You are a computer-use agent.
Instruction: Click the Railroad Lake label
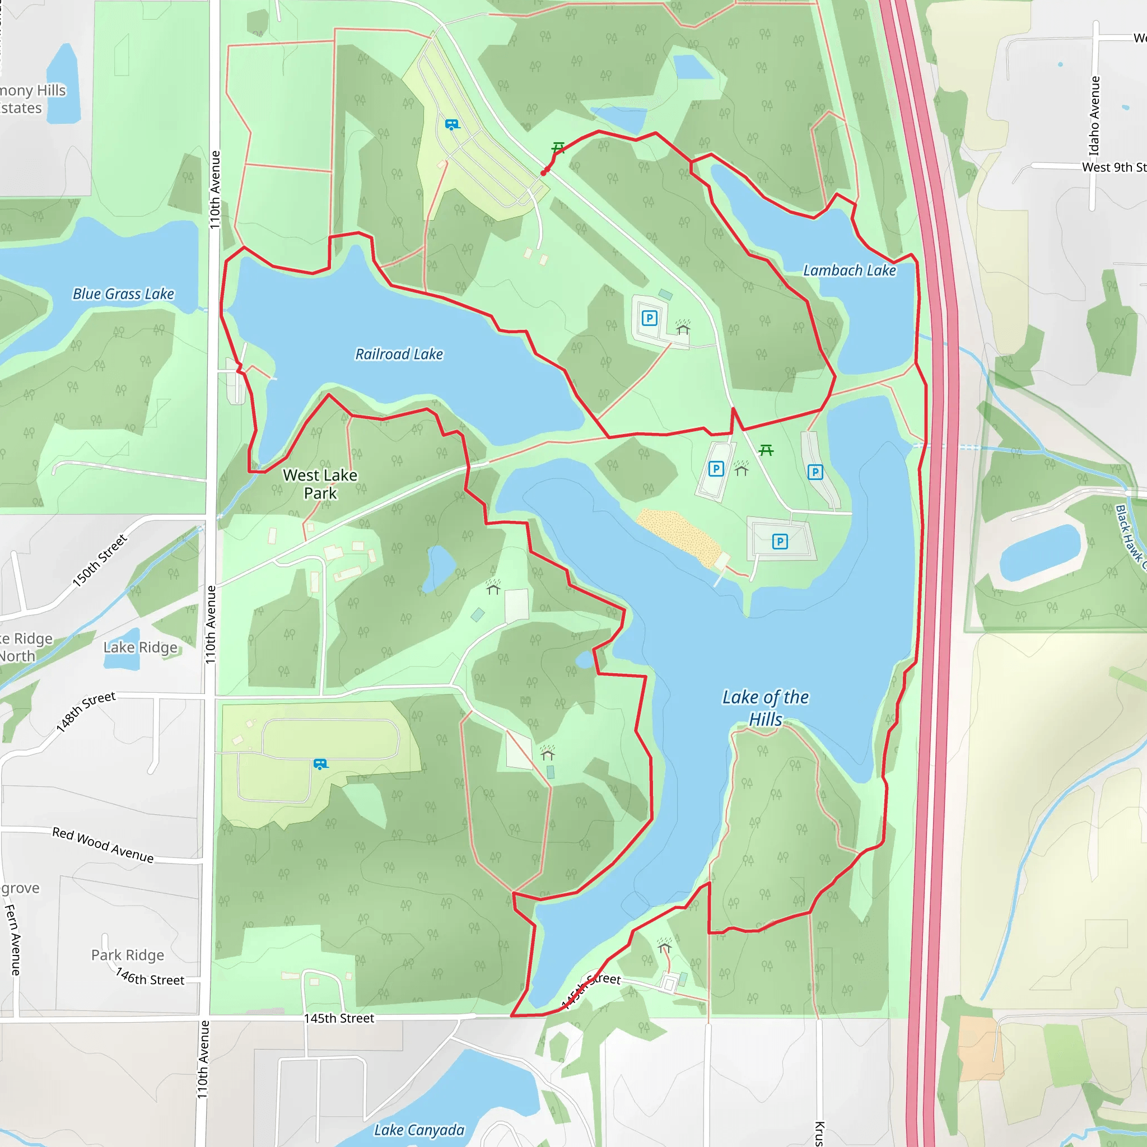[399, 355]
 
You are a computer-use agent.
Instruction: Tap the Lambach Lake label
[849, 271]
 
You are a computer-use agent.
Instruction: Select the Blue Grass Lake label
[123, 294]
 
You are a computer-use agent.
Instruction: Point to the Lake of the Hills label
[765, 708]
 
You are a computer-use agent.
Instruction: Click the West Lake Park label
[320, 484]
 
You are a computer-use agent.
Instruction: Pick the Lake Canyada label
[418, 1130]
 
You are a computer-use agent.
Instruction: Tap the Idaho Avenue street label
[1094, 116]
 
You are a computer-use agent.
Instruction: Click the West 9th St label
[1113, 167]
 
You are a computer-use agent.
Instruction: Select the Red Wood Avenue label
[102, 845]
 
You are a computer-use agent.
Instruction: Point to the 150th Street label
[100, 561]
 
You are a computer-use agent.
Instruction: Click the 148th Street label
[86, 711]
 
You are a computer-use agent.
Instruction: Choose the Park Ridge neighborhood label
[128, 955]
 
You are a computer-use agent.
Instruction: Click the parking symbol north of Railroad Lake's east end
[650, 318]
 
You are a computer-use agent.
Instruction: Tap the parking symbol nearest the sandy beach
[780, 542]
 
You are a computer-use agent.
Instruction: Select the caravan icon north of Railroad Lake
[453, 125]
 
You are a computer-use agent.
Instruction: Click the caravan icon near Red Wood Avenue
[320, 764]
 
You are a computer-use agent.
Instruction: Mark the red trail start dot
[544, 172]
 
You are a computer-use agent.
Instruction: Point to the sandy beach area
[679, 535]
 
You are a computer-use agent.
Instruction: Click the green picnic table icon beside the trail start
[558, 147]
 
